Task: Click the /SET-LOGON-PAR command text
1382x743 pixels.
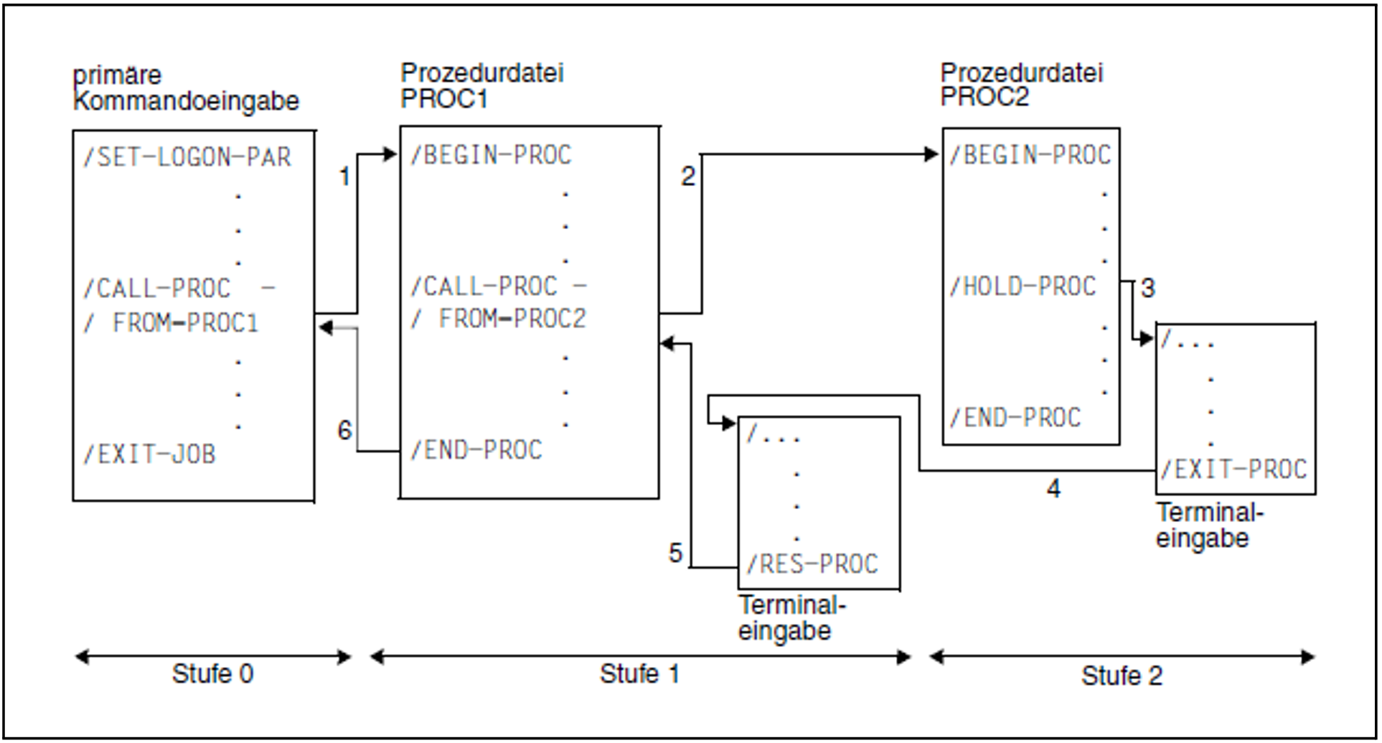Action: (187, 157)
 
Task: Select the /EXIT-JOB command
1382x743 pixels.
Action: (149, 454)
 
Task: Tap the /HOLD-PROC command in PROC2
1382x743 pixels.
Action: (1023, 286)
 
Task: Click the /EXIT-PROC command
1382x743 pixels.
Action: (1233, 469)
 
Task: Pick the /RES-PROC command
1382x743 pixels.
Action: (812, 564)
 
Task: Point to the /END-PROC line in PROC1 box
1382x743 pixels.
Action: (476, 450)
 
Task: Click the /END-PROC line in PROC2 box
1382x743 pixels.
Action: (1015, 418)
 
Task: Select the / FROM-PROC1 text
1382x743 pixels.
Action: (171, 323)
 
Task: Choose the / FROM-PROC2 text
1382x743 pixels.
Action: (499, 319)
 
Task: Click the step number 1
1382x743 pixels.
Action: (344, 177)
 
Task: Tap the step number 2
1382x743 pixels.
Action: (688, 177)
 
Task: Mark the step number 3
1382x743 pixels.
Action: (1148, 289)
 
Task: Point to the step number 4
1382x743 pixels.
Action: (1053, 489)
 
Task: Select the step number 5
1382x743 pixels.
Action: (675, 553)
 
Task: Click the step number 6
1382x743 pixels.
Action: (344, 431)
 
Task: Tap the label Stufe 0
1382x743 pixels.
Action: (212, 674)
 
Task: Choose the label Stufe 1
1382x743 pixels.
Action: (639, 674)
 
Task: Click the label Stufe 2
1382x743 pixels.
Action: (1122, 676)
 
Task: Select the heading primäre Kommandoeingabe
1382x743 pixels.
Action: (186, 88)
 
